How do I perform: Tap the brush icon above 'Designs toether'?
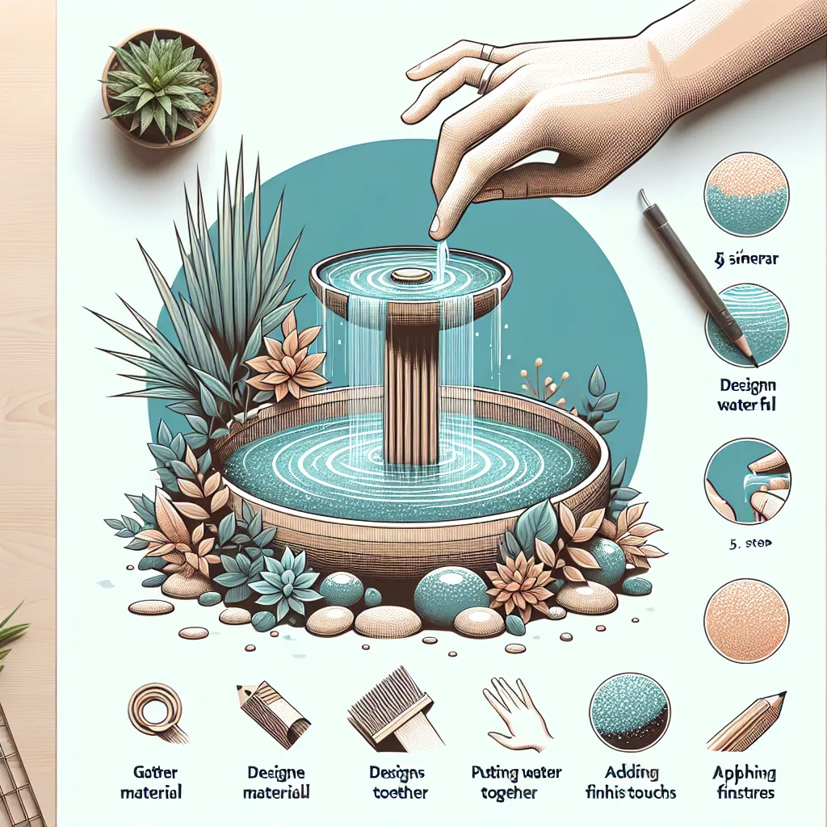(394, 715)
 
